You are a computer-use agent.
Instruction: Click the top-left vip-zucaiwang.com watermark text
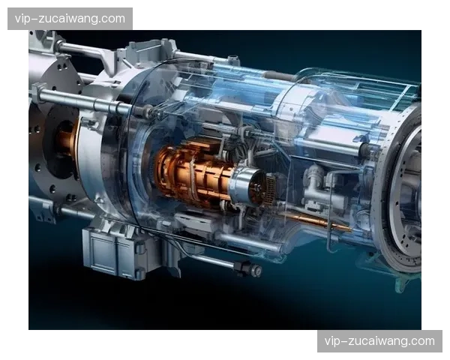click(70, 19)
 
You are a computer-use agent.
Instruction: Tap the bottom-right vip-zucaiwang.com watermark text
click(379, 341)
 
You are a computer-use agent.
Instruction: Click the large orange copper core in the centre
click(193, 172)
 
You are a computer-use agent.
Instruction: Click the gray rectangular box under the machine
click(115, 253)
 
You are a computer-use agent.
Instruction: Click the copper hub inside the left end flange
click(67, 143)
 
